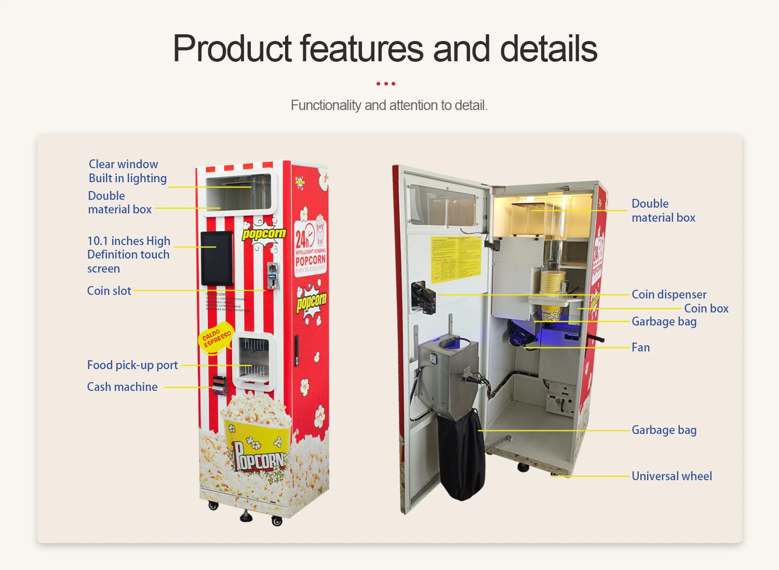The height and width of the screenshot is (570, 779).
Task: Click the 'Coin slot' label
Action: coord(109,291)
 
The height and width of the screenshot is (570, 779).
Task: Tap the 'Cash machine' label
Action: coord(122,387)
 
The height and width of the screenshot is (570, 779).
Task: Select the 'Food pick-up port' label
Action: coord(132,365)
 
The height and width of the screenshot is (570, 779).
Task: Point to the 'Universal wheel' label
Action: coord(671,476)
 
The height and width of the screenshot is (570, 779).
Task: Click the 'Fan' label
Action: coord(640,347)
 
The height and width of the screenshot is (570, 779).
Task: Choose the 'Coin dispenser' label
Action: coord(669,294)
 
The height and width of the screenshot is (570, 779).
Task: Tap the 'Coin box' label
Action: coord(706,308)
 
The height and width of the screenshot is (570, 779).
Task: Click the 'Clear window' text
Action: coord(123,164)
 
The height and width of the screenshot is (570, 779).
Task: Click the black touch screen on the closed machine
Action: coord(217,258)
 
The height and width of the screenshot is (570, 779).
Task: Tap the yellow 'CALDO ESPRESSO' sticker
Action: coord(217,338)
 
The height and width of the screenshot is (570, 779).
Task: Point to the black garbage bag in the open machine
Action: coord(462,454)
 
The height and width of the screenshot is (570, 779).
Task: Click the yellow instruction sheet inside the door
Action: coord(456,259)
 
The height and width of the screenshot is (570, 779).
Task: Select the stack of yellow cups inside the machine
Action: coord(553,282)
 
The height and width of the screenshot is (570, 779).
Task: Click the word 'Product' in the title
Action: coord(233,48)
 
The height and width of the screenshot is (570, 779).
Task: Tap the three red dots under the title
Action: coord(386,84)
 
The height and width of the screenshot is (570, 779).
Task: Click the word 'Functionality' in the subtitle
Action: coord(326,105)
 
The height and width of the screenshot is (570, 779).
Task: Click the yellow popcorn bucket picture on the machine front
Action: coord(257,441)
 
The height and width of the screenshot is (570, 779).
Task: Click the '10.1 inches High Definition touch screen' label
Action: coord(128,254)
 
